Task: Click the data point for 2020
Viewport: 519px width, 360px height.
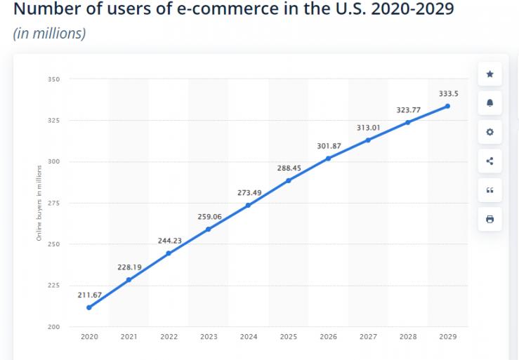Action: pos(88,307)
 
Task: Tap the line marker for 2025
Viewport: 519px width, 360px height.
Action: pos(288,180)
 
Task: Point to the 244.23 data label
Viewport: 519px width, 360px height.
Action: pos(169,240)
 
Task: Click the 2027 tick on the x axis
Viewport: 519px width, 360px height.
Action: pos(367,337)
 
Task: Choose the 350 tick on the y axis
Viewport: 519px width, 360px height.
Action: pos(53,79)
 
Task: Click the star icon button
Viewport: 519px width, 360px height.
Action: pos(490,74)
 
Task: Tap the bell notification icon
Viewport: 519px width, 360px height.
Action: pos(490,103)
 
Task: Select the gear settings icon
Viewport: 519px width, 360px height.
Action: pos(490,132)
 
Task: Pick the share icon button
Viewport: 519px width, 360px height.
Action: pos(490,161)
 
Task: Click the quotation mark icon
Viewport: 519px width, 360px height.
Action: pos(490,190)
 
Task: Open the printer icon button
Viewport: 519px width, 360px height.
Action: pos(490,220)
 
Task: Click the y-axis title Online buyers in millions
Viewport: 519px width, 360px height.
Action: pos(39,204)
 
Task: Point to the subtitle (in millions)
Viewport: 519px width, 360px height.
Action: pos(49,34)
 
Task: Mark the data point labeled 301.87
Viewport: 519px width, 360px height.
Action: pos(328,158)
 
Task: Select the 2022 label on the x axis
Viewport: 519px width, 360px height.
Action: pos(169,337)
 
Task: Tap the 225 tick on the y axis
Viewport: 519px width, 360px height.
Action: pos(53,286)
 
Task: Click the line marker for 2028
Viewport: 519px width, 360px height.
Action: pos(407,122)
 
